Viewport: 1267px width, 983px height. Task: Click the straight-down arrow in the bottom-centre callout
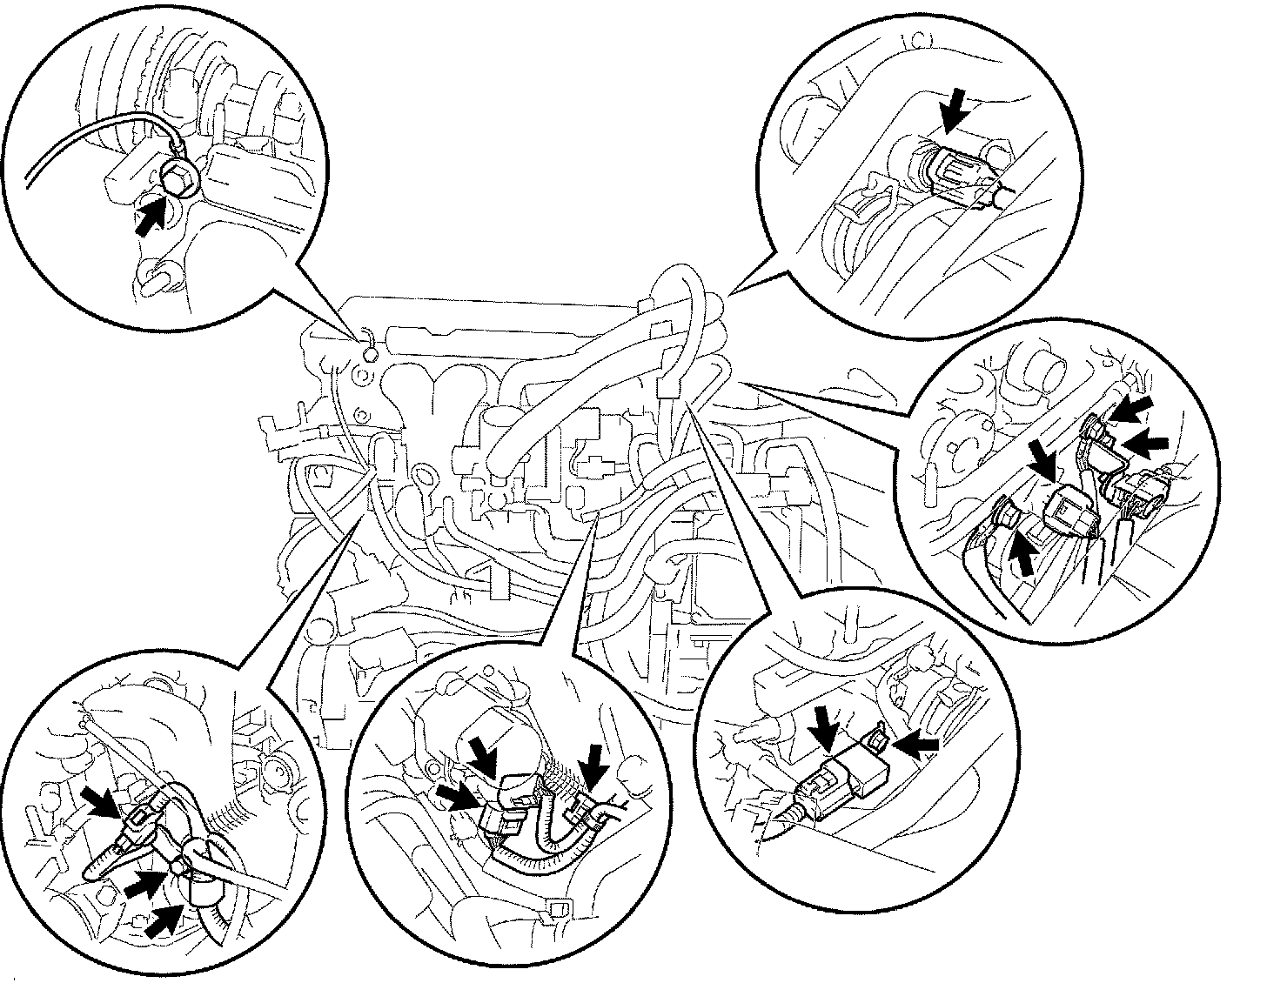coord(597,766)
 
